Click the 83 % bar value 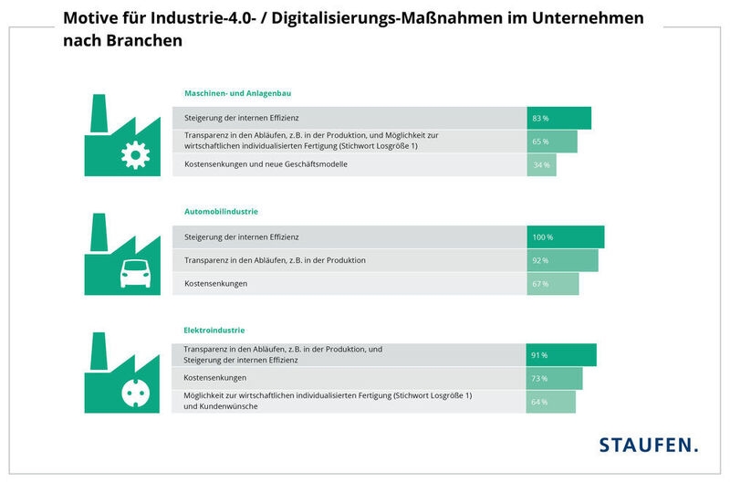coord(558,119)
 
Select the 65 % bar coord(551,142)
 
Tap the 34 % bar coord(541,165)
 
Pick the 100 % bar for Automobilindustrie coord(565,237)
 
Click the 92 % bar coord(562,261)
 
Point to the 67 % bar coord(552,284)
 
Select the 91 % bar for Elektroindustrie coord(561,355)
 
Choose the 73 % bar coord(554,378)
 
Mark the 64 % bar coord(550,402)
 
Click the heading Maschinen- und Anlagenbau coord(237,93)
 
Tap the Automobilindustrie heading coord(221,212)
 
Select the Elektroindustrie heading coord(214,330)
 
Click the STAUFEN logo coord(648,446)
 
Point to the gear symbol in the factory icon coord(135,156)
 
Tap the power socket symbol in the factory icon coord(135,393)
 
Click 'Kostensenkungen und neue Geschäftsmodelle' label coord(266,164)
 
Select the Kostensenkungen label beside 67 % coord(215,284)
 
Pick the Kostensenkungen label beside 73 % coord(215,377)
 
